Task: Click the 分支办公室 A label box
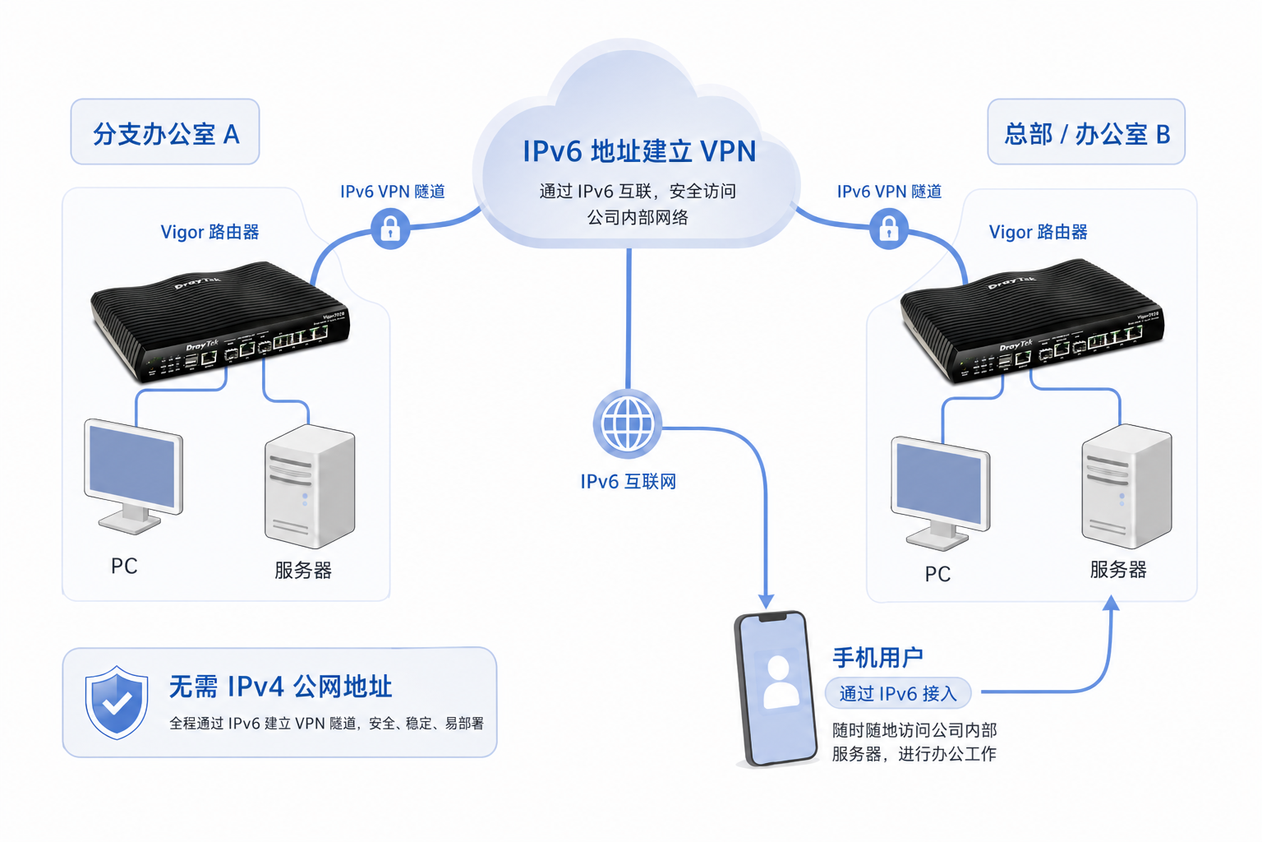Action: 165,132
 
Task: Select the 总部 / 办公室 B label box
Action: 1085,132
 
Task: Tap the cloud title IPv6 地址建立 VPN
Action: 639,151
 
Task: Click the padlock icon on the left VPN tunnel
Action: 390,228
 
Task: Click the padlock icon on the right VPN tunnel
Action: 888,229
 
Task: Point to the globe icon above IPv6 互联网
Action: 628,424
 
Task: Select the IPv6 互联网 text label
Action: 628,482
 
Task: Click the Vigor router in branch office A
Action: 220,322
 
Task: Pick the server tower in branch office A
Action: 310,487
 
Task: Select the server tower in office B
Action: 1126,486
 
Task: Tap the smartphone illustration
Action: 776,689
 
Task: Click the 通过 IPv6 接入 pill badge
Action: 898,694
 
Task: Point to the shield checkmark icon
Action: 117,702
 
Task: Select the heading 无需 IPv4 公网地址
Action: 280,686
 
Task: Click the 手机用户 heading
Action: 877,658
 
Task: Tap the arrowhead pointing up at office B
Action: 1111,604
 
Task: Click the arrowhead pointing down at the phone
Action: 766,601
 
